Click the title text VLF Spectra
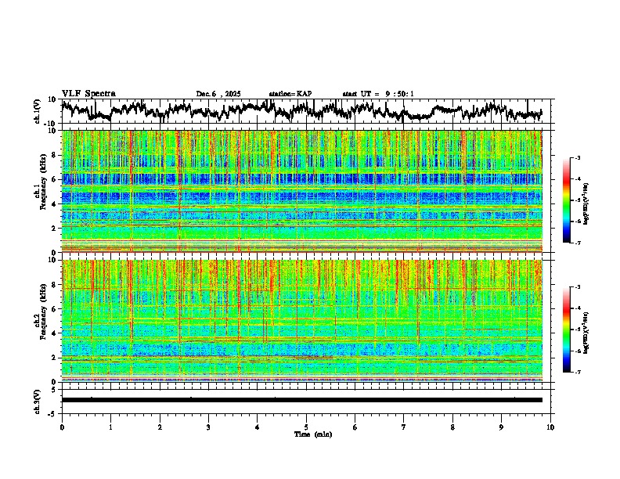pos(88,93)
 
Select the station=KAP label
pos(290,94)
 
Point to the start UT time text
pos(378,94)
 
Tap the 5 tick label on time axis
pos(306,427)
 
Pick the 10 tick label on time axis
pos(550,427)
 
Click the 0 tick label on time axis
pos(62,427)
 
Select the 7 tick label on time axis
pos(404,427)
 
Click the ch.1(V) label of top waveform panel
pos(38,111)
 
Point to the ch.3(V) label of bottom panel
pos(38,399)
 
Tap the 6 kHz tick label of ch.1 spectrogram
pos(54,179)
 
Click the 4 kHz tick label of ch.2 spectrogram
pos(54,333)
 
